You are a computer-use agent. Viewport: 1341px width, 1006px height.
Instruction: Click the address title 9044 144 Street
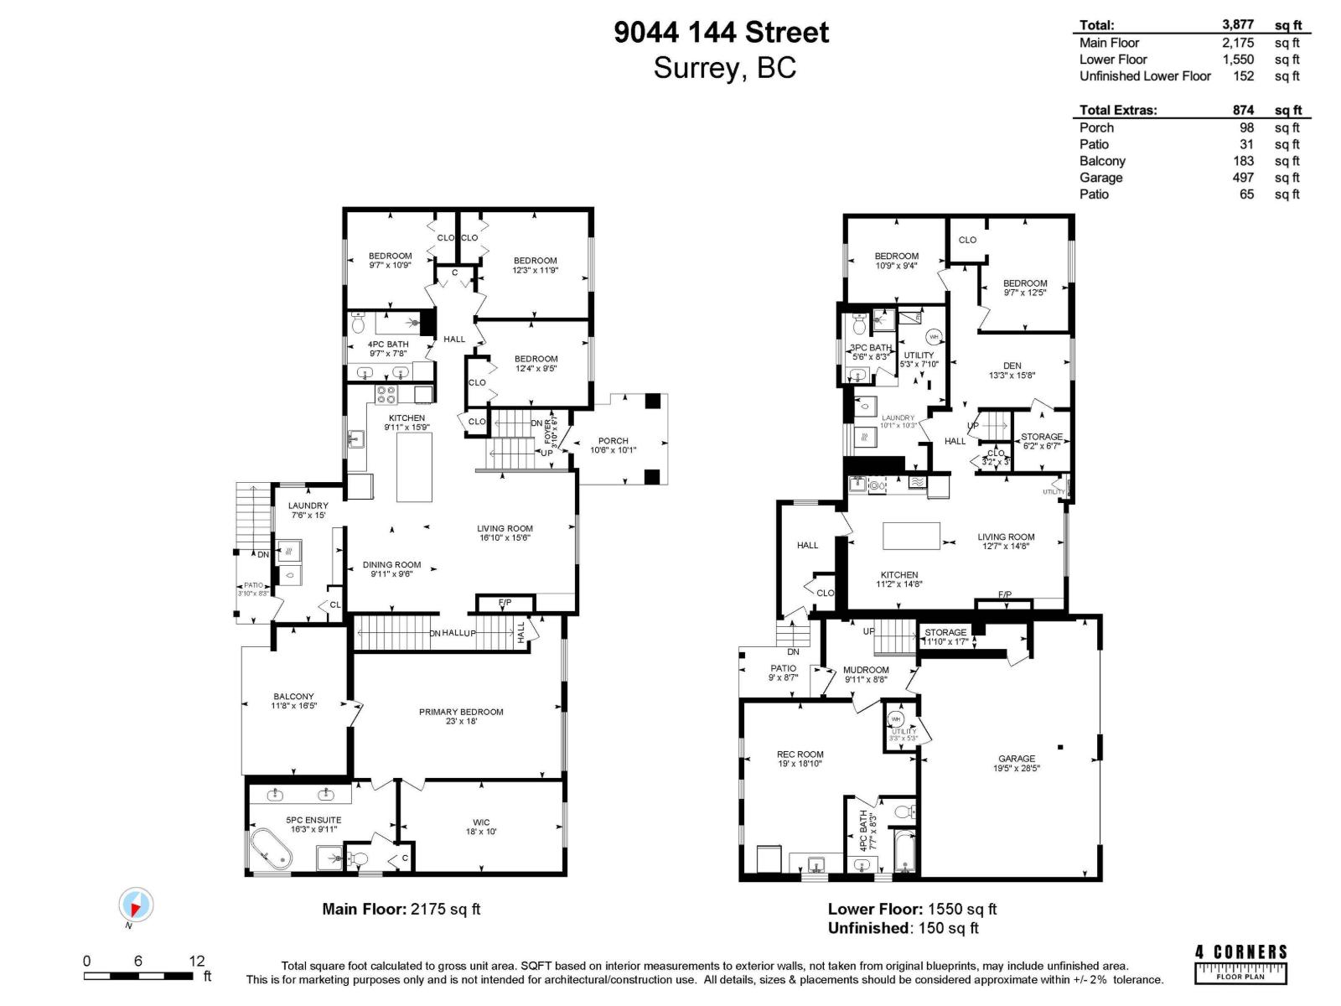click(721, 33)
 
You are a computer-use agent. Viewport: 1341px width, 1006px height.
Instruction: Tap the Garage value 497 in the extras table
click(1243, 178)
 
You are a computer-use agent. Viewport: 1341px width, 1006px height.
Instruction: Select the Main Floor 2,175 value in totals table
click(1238, 43)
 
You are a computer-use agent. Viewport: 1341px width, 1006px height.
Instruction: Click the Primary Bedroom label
click(461, 712)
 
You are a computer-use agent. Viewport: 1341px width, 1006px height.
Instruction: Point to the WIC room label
click(481, 822)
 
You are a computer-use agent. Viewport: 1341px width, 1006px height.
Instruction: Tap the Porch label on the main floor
click(614, 441)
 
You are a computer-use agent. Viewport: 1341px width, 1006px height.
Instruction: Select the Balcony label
click(293, 697)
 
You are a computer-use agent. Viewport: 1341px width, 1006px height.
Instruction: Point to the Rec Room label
click(800, 754)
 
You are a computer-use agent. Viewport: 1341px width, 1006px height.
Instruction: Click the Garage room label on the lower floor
click(1016, 759)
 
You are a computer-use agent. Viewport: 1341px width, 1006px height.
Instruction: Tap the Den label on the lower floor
click(1012, 366)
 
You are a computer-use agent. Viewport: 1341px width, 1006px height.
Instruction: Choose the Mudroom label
click(866, 670)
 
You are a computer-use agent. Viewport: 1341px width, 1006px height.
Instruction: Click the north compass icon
click(136, 905)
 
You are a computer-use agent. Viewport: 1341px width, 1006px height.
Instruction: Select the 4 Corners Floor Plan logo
click(1240, 963)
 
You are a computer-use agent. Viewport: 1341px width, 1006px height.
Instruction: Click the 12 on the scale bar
click(196, 961)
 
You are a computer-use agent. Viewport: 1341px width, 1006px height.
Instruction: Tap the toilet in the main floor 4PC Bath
click(359, 323)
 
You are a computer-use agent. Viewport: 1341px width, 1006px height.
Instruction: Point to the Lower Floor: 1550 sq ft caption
click(912, 909)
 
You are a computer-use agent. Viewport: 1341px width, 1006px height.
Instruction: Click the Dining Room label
click(391, 565)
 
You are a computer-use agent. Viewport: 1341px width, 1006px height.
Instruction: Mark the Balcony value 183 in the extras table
click(1243, 161)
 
